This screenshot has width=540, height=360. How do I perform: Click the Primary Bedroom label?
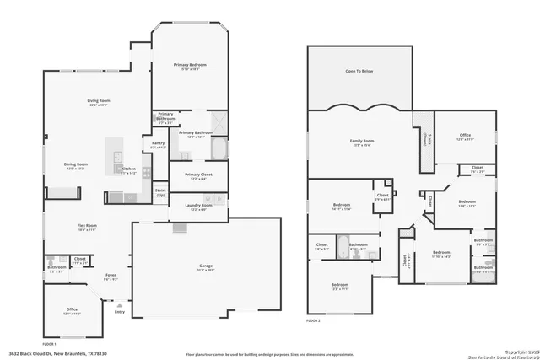click(x=190, y=65)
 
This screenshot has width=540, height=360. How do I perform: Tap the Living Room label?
click(x=100, y=101)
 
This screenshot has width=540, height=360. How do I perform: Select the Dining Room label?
click(x=77, y=164)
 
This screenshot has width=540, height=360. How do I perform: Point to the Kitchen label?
click(x=128, y=170)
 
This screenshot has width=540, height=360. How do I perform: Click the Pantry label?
click(x=158, y=143)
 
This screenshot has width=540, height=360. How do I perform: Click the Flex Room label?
click(x=87, y=225)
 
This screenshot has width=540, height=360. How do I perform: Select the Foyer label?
click(x=111, y=276)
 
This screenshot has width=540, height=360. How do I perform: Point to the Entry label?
click(x=119, y=312)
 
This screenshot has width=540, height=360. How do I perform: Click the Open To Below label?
click(x=359, y=72)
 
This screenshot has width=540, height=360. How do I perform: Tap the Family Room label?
click(x=362, y=141)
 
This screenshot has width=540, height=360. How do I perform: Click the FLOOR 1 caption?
click(x=49, y=344)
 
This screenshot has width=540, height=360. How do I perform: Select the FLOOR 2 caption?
click(x=314, y=320)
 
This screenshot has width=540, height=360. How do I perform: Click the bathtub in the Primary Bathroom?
click(x=218, y=150)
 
